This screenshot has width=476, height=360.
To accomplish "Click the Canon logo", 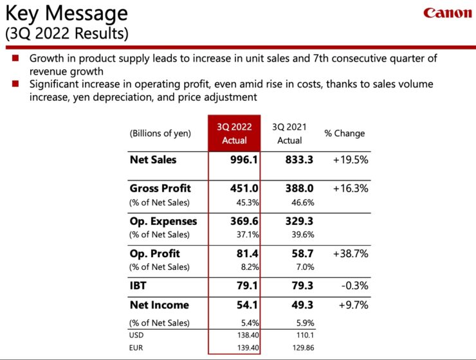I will click(x=447, y=14).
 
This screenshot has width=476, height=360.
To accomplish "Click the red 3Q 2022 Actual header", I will click(x=234, y=134).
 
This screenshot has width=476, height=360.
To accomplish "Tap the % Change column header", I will click(x=344, y=134).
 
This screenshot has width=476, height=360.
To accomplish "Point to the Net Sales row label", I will click(x=153, y=159).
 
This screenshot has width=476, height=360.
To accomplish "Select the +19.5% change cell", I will click(x=350, y=159).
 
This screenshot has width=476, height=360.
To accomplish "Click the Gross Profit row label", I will click(x=160, y=188).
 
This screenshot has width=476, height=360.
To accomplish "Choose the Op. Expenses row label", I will click(x=163, y=221).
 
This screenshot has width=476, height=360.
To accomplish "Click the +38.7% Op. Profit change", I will click(x=350, y=253).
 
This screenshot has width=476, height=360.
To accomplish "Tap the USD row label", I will click(x=136, y=335).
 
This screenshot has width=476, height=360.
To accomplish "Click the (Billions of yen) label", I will click(x=160, y=134).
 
